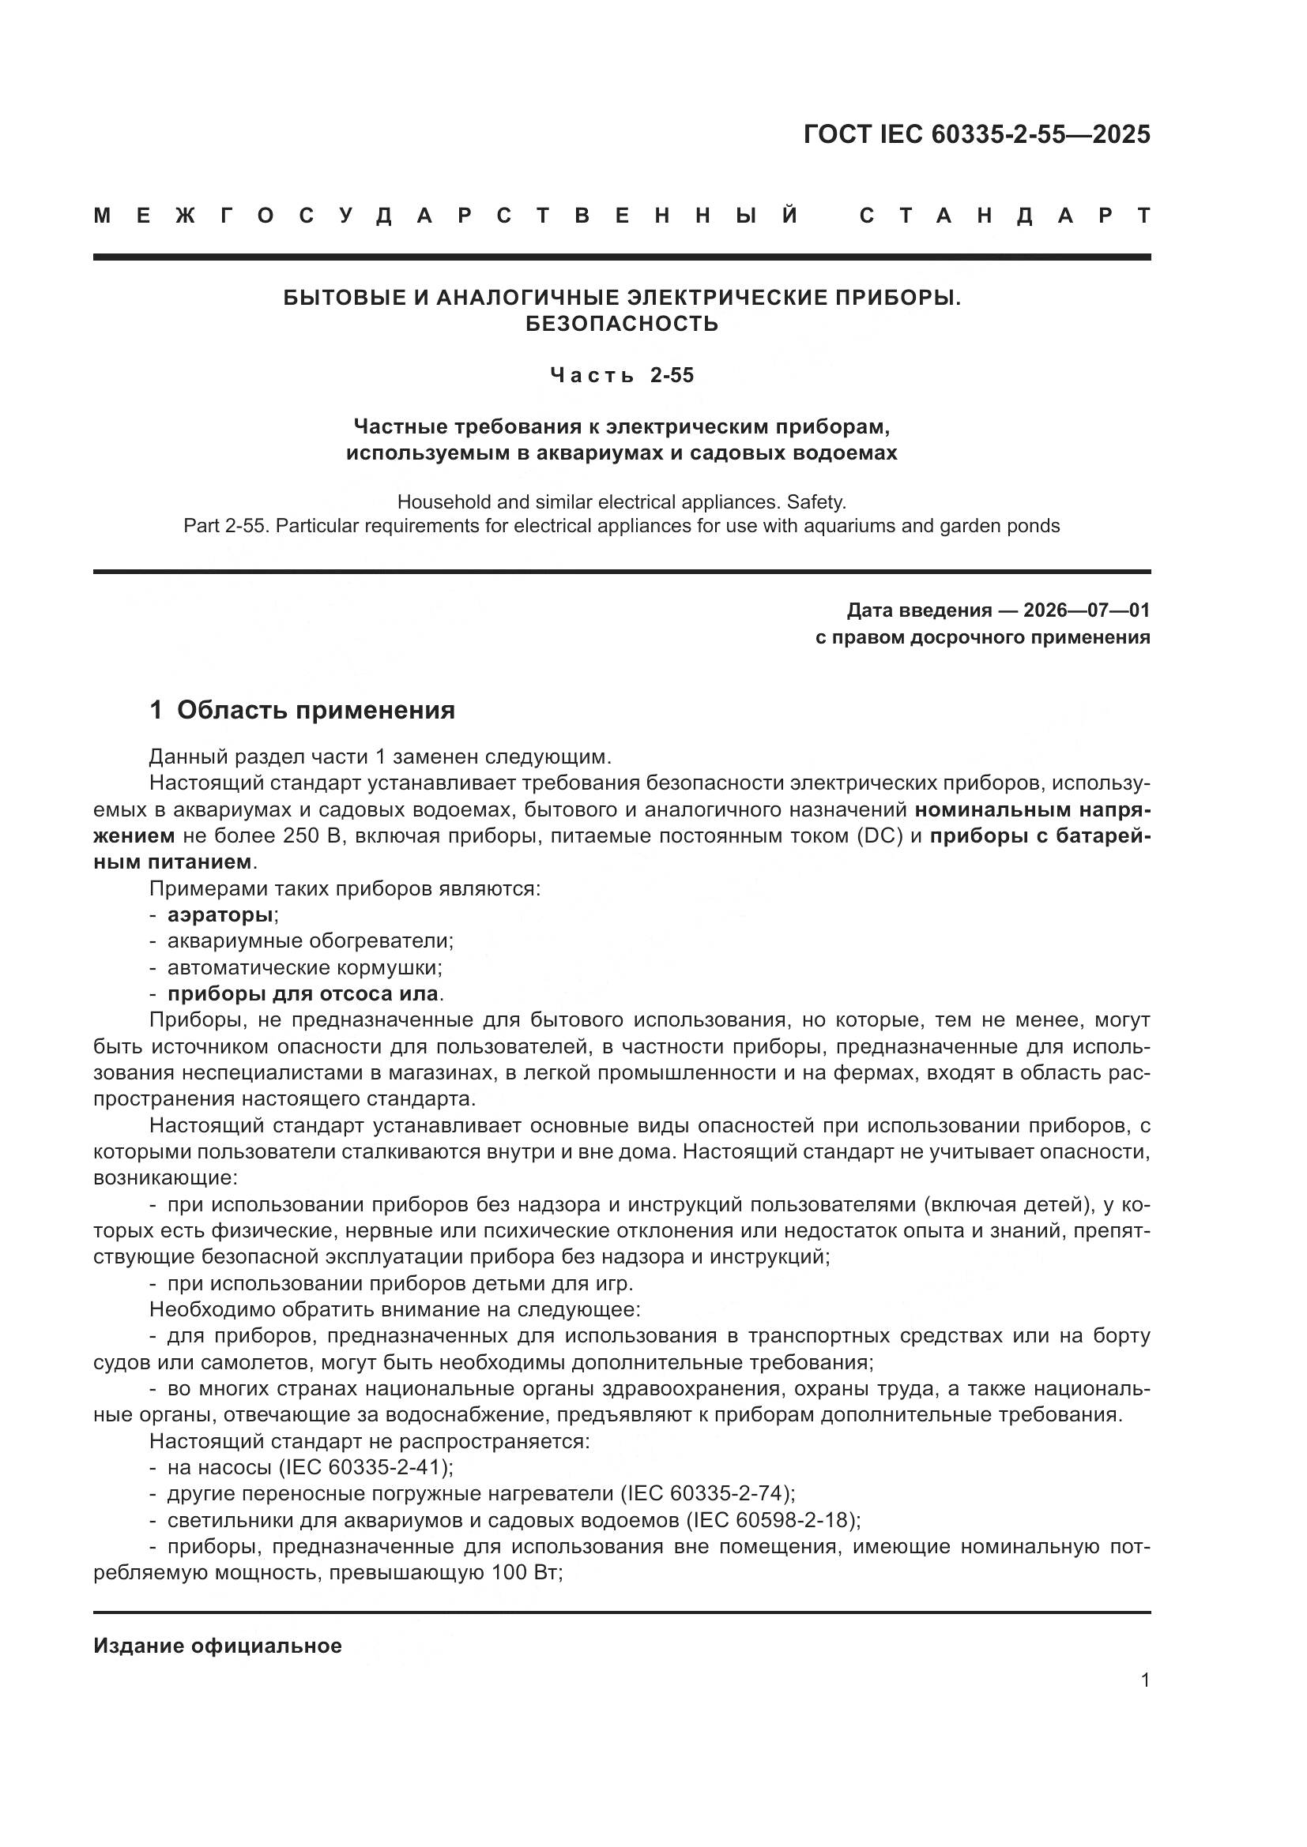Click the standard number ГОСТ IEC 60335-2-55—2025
point(976,134)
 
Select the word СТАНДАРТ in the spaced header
point(1004,216)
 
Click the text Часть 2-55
point(621,376)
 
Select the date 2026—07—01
point(1087,610)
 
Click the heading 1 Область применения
point(302,711)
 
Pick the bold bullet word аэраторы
point(220,914)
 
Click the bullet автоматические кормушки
point(304,968)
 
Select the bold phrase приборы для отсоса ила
point(303,994)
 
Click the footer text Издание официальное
point(217,1646)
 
